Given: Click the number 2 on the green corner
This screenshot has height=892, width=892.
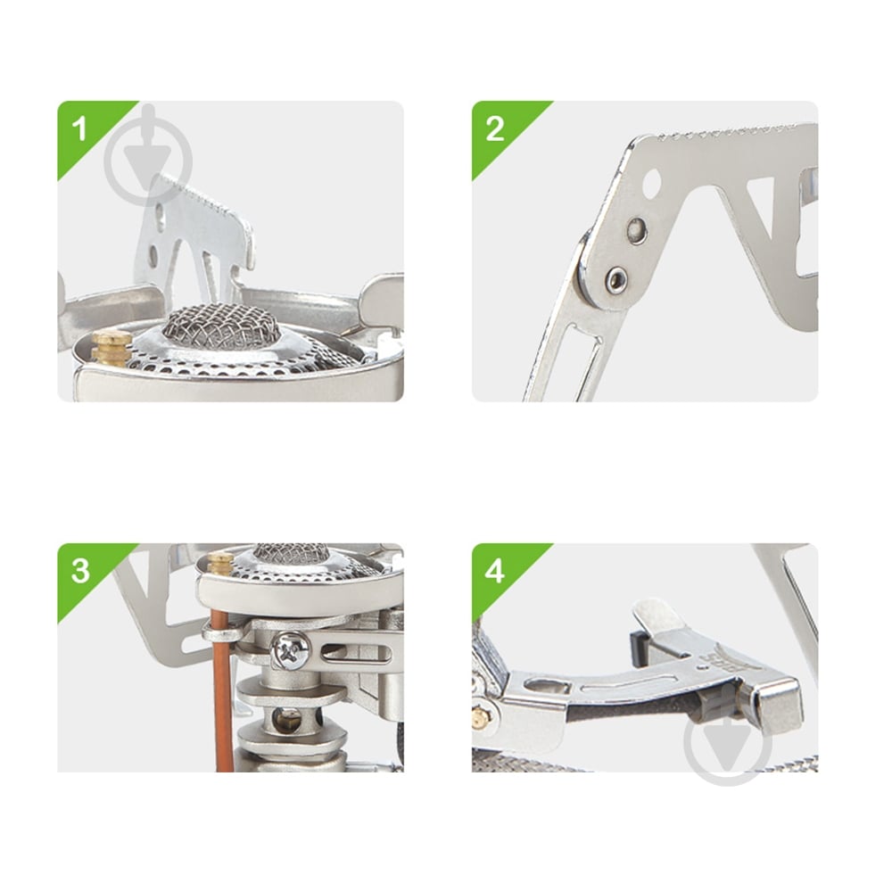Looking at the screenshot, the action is [495, 128].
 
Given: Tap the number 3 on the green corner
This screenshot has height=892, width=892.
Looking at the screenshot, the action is [80, 571].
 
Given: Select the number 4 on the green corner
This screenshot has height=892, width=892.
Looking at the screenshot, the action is [495, 571].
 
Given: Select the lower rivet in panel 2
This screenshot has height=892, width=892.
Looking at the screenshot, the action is [616, 279].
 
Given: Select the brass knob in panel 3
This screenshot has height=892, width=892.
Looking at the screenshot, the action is [220, 565].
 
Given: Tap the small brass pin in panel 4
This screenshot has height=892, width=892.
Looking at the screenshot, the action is [482, 718].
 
